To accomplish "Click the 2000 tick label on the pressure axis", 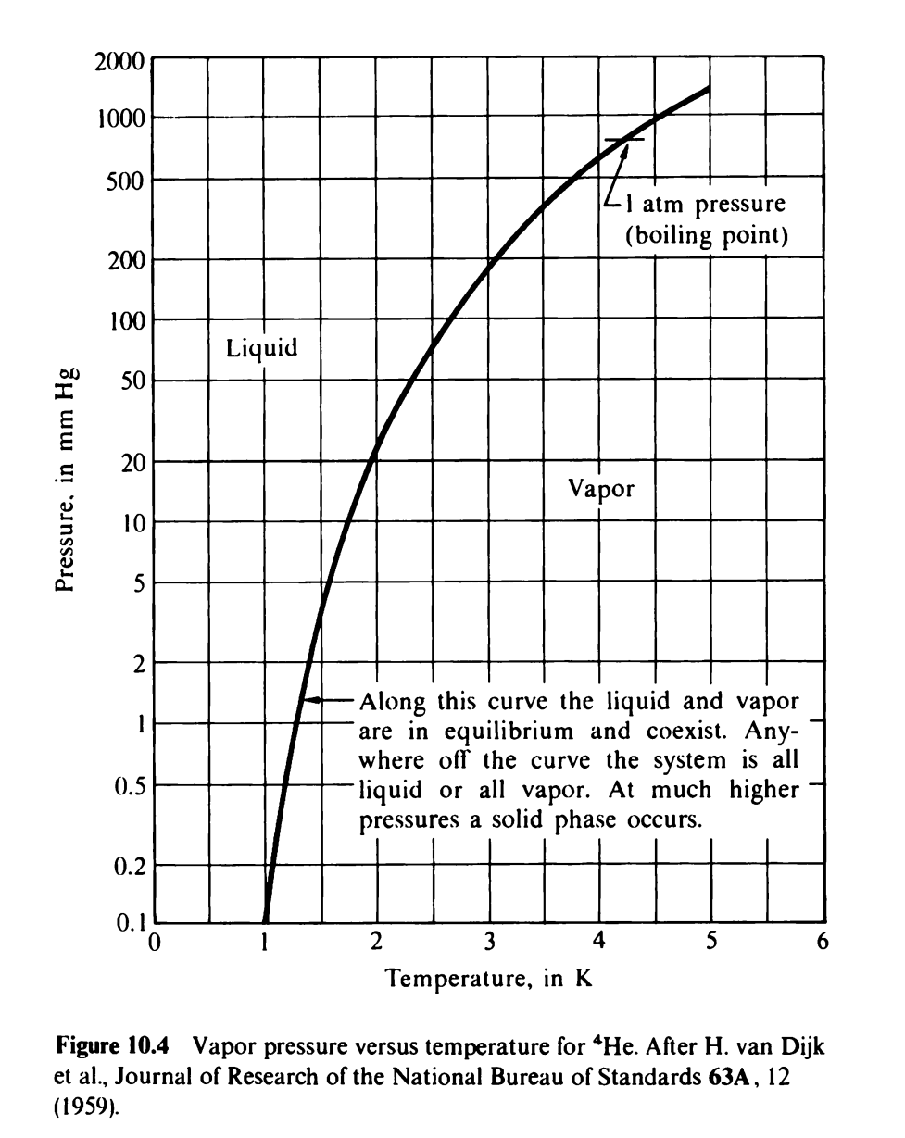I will [119, 63].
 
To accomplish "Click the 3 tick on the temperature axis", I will [489, 944].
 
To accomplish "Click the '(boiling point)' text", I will [708, 235].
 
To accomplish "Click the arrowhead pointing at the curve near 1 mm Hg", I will [313, 701].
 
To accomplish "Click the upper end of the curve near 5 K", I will [708, 89].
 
